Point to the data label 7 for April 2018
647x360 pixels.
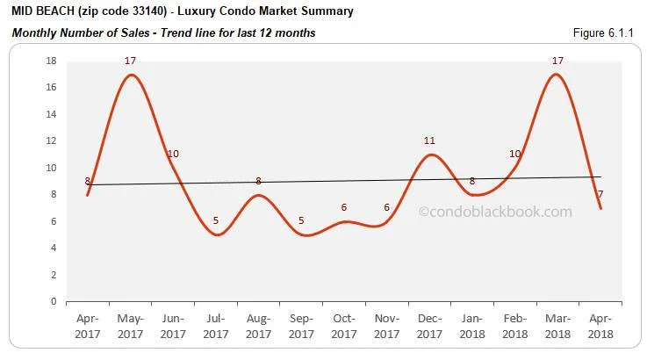[x=600, y=194]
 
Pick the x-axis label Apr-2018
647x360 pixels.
[x=600, y=328]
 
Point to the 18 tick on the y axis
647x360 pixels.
[x=52, y=61]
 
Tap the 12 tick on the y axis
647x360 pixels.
[x=52, y=141]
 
